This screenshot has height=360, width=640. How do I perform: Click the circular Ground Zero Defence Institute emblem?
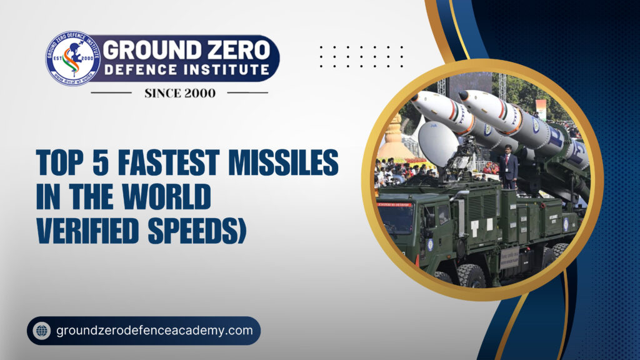(x=73, y=58)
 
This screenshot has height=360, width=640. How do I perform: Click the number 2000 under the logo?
(x=200, y=93)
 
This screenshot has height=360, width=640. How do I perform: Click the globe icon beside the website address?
(x=42, y=330)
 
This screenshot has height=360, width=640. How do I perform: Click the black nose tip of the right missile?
(x=464, y=96)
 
